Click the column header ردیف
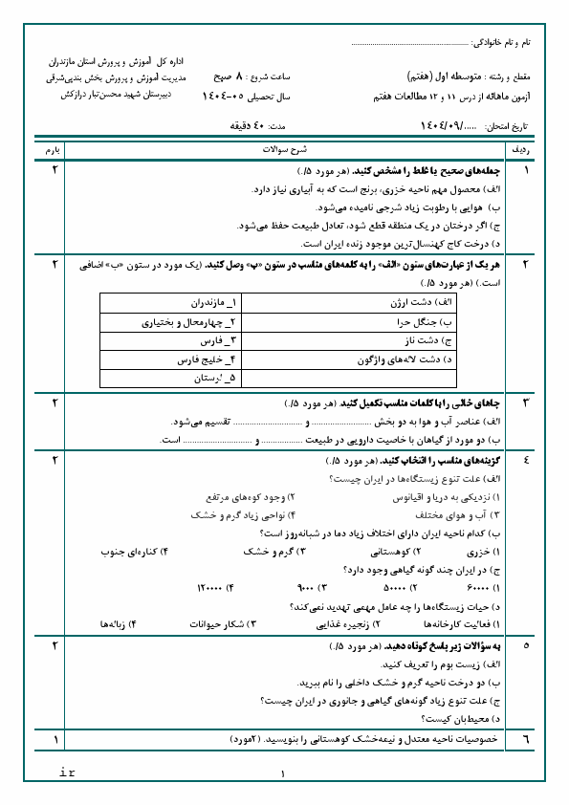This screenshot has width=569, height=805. coord(525,151)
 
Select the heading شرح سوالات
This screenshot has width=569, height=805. coord(284,151)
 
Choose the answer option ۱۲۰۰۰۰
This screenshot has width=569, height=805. coord(214,587)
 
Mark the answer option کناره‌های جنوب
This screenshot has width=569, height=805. coord(132,552)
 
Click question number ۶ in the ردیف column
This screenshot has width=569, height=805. coord(525,739)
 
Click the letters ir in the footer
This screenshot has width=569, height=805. coord(68,771)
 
